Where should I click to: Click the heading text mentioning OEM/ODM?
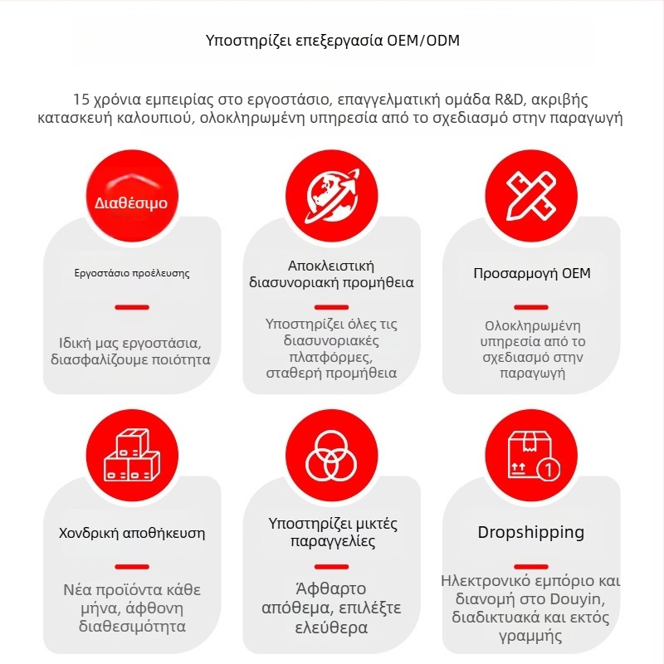[332, 41]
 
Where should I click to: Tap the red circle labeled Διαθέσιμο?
[131, 199]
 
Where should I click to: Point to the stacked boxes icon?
[131, 456]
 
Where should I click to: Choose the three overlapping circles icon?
[332, 456]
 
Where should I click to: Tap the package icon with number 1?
[531, 456]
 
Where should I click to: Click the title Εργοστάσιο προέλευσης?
[132, 272]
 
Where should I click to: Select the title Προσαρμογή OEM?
[532, 273]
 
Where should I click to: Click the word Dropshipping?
[531, 532]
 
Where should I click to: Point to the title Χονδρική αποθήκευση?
[132, 532]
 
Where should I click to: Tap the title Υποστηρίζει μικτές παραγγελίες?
[333, 533]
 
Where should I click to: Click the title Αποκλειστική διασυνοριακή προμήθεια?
[332, 274]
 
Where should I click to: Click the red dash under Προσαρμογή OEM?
[531, 306]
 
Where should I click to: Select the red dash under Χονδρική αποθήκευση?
[132, 567]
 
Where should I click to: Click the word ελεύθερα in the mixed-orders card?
[332, 627]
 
